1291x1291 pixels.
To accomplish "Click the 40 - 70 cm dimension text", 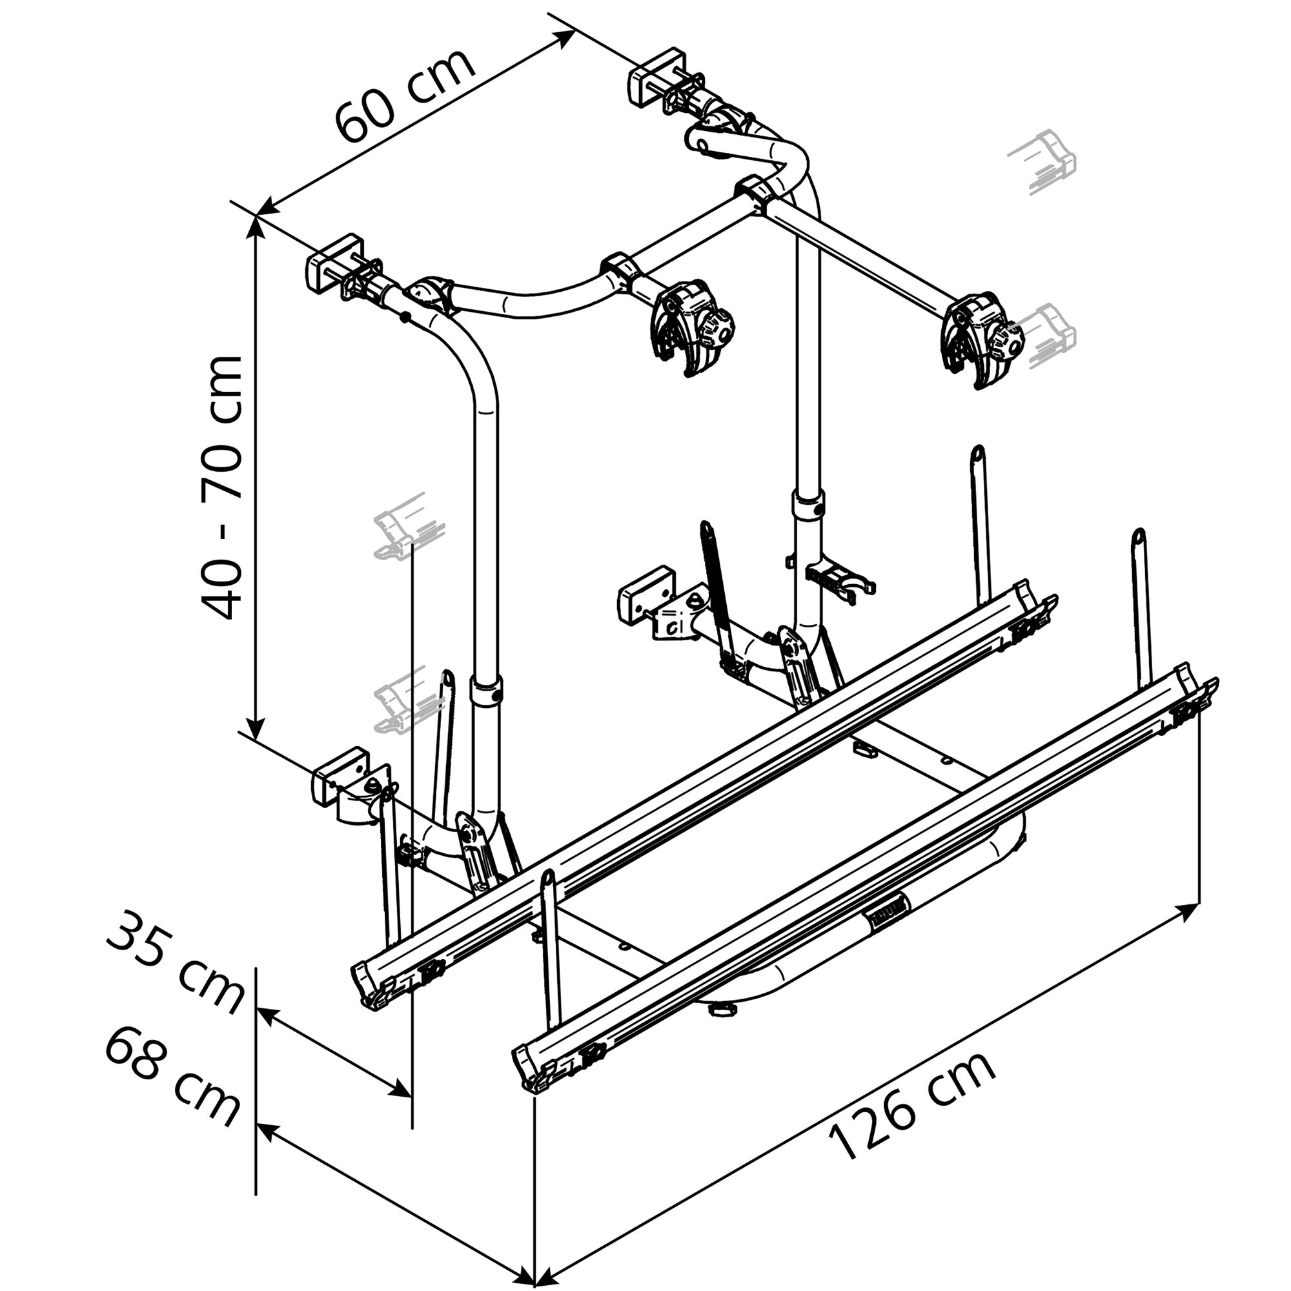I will (221, 488).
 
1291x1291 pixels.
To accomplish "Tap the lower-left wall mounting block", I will (340, 774).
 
